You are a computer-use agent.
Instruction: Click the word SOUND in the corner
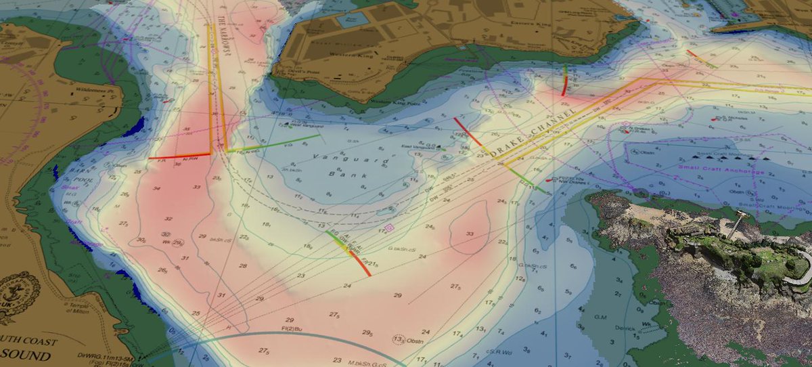tap(27, 355)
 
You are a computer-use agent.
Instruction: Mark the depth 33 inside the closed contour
tap(469, 234)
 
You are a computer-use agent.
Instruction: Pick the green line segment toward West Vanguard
tap(284, 142)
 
